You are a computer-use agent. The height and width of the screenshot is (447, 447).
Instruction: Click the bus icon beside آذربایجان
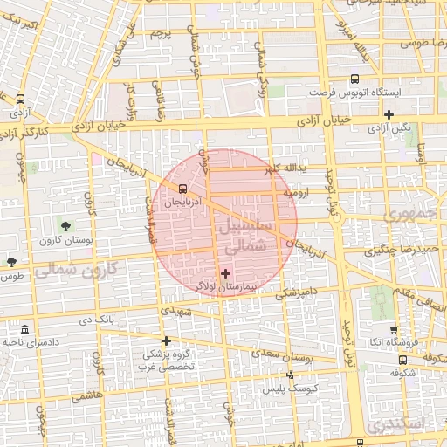pos(182,188)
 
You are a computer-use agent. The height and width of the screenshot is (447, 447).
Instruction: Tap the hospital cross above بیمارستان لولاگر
pos(226,273)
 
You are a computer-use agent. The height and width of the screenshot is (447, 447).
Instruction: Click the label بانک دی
pos(97,320)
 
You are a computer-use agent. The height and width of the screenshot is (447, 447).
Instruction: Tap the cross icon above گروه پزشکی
pos(166,340)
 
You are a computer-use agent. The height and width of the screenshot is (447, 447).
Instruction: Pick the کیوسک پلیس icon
pos(291,375)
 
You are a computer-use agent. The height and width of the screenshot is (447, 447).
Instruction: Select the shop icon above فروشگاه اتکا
pos(395,329)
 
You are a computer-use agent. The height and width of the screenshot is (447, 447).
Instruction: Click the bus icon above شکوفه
pos(402,359)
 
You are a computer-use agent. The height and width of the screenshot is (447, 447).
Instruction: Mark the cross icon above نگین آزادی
pos(389,114)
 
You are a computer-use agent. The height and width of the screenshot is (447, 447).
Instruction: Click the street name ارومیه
pos(309,194)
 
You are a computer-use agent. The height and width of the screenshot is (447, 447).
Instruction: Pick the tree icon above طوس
pos(12,261)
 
